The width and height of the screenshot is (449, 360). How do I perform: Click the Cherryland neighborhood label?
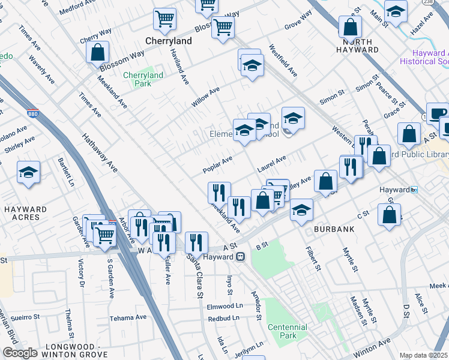coord(169,41)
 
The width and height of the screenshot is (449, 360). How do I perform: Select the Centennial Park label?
coord(288,331)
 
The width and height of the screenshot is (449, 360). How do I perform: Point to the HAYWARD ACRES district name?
coord(25,214)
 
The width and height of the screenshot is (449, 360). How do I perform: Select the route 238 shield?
coord(445,2)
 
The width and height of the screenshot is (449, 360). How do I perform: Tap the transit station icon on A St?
coord(240,256)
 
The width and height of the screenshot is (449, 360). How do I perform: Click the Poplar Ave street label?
coord(217,163)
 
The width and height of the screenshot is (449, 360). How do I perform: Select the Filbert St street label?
coord(314,257)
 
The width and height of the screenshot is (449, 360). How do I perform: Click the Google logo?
coord(20,353)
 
